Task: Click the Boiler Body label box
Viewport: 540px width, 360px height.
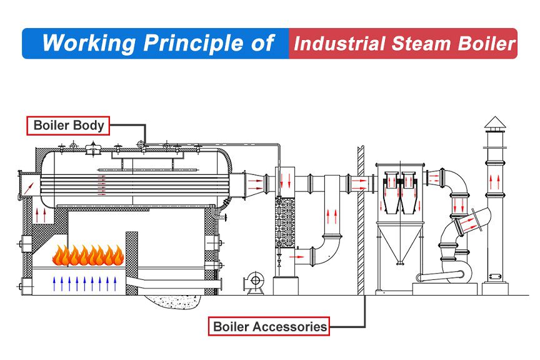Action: [x=69, y=125]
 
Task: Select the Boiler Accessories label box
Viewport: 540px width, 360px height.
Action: [x=269, y=326]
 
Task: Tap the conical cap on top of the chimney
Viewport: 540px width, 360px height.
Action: [x=494, y=122]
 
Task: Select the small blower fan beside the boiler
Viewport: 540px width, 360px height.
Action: [x=254, y=281]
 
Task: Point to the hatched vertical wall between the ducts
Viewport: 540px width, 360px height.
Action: [x=361, y=219]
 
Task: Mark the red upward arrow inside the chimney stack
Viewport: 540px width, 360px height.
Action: [x=494, y=183]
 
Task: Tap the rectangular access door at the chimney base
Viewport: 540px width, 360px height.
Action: [x=494, y=276]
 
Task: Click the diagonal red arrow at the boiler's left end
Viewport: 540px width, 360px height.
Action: [x=29, y=184]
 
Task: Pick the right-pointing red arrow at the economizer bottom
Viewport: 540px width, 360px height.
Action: [x=301, y=256]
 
